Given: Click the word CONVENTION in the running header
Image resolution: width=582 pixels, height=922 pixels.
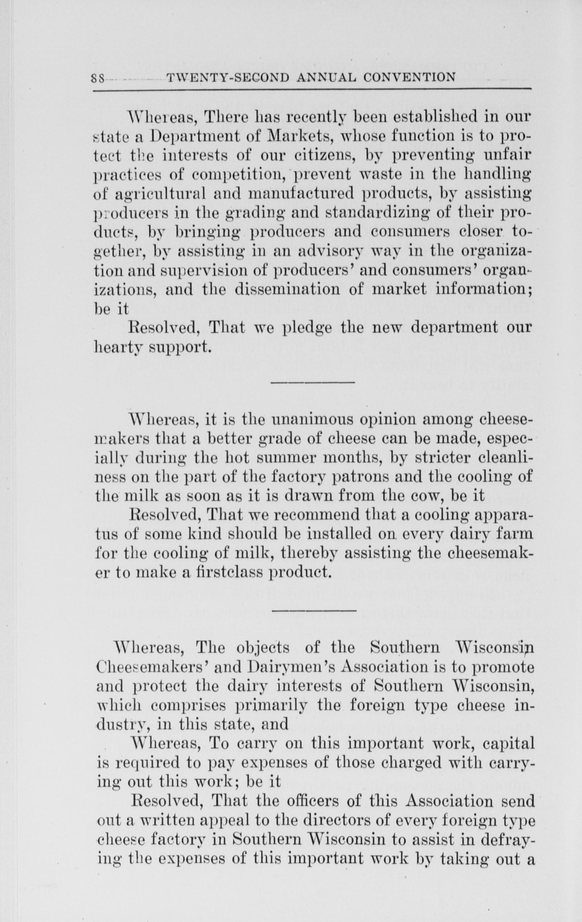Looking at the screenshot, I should click(x=409, y=78).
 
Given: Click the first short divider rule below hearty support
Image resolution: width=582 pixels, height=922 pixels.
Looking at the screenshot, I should click(x=313, y=382).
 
